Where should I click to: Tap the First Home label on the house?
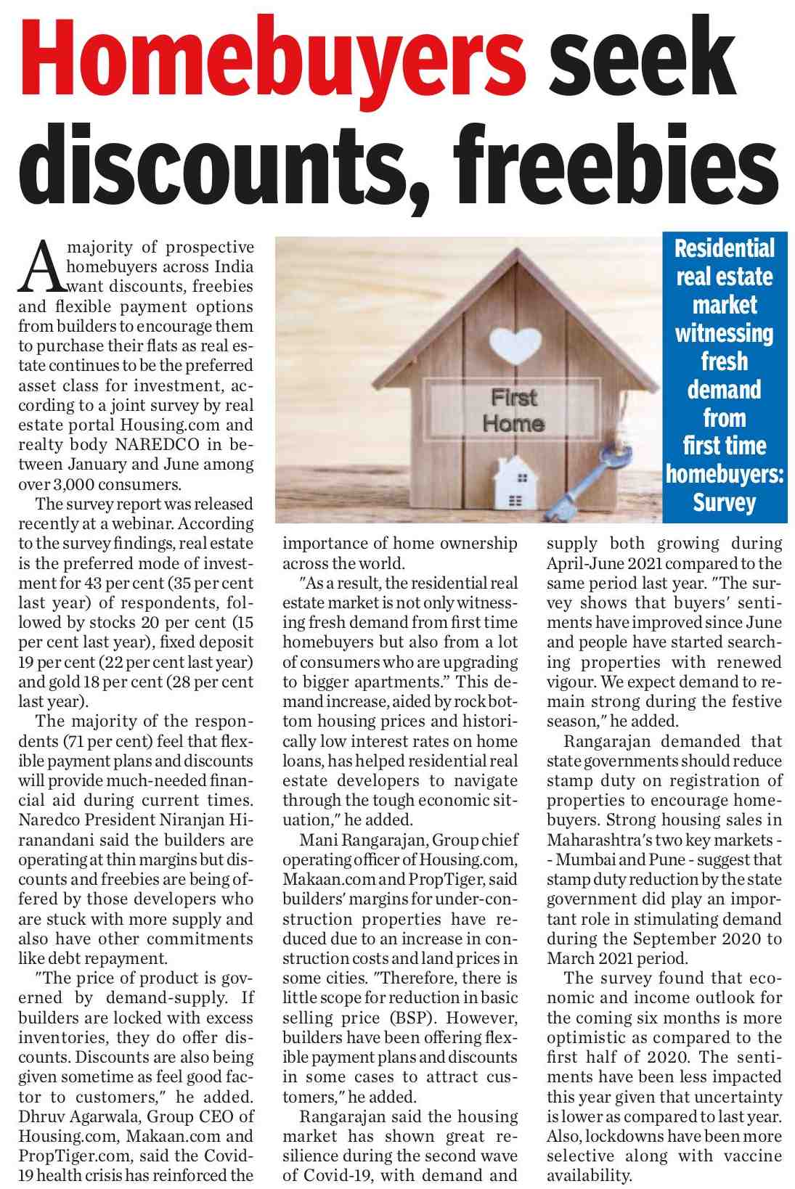[x=513, y=410]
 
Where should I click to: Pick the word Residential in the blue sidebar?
[x=725, y=248]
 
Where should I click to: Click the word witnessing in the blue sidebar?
[x=725, y=333]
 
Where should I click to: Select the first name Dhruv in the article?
[x=41, y=1116]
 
